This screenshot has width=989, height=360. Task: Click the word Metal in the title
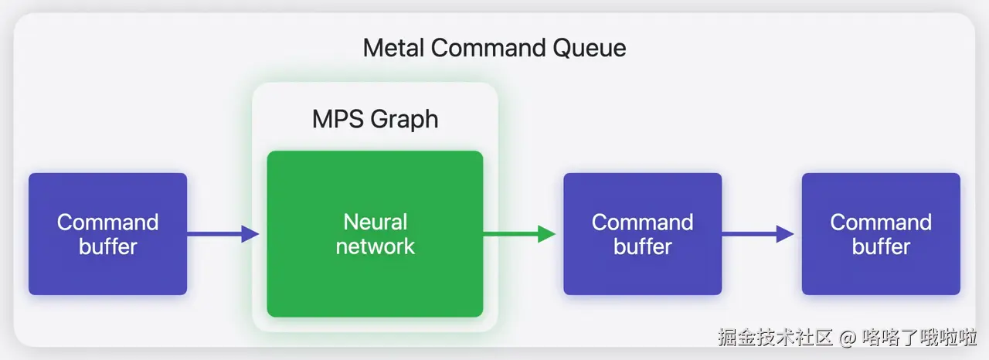[394, 48]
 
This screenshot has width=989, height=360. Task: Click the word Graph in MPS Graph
[404, 119]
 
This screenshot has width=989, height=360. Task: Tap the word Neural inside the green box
[375, 222]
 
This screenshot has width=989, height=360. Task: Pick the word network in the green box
[375, 246]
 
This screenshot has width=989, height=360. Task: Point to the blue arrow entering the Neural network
[220, 234]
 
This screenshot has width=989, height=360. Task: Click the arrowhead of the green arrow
[547, 234]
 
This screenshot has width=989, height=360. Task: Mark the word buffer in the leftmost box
[107, 247]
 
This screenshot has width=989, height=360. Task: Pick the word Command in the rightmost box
[881, 222]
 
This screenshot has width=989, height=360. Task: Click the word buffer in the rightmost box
[881, 247]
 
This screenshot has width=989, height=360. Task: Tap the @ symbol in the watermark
[848, 338]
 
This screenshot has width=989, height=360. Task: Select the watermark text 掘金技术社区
[776, 338]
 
